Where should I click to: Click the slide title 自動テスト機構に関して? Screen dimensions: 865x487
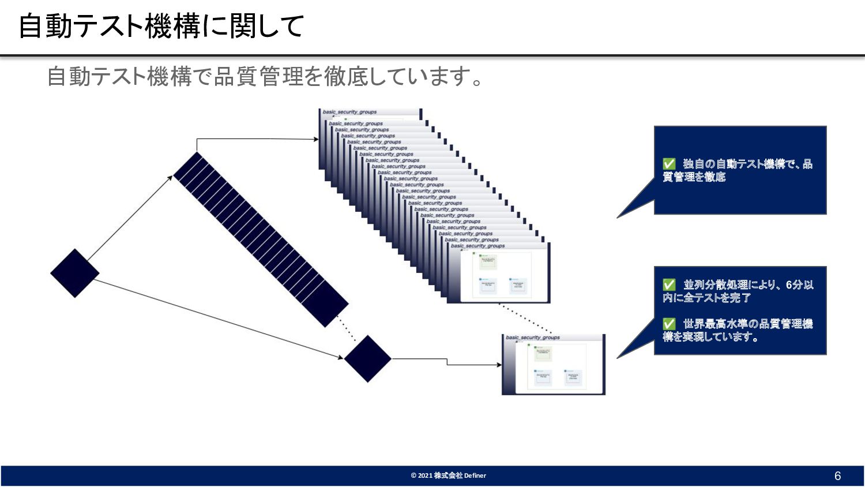click(161, 27)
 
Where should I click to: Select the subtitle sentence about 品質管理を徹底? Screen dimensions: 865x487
click(265, 76)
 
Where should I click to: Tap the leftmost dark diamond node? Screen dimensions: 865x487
click(75, 274)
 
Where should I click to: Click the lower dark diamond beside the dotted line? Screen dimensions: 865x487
click(368, 358)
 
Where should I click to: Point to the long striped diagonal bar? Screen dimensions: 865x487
click(261, 239)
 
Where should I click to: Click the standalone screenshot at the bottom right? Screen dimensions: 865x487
click(554, 365)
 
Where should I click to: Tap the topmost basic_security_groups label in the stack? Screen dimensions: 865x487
click(349, 112)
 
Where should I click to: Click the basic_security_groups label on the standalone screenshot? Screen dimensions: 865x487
click(533, 338)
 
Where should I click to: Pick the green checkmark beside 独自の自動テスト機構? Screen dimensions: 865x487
click(669, 164)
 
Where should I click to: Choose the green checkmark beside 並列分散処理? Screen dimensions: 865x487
click(669, 285)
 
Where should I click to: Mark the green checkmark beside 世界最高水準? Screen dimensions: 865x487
click(669, 324)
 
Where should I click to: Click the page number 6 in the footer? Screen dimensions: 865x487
click(837, 476)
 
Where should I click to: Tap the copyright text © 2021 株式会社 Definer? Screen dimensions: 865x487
click(448, 475)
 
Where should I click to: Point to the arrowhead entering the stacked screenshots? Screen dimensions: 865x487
click(316, 139)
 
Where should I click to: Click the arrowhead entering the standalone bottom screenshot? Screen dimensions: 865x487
click(499, 365)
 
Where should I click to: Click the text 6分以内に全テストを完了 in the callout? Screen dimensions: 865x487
click(738, 291)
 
